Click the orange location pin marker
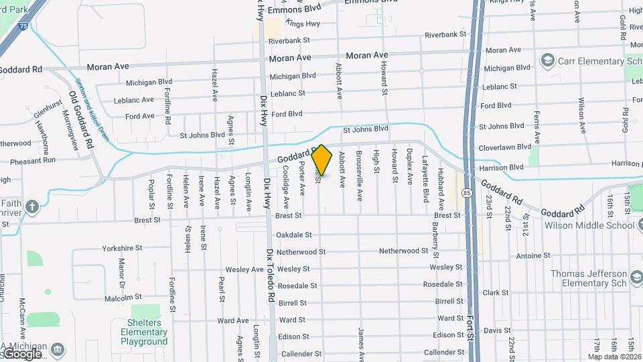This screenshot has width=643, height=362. point(322,160)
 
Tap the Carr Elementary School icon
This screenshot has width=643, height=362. point(548,61)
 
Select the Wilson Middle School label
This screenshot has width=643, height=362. point(592,225)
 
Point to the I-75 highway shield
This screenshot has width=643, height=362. point(23,25)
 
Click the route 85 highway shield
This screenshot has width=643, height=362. point(466,192)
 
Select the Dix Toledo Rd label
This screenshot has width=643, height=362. point(271,275)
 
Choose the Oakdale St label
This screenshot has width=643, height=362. point(294,235)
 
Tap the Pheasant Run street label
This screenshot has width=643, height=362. point(33,160)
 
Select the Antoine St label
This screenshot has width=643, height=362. point(533,255)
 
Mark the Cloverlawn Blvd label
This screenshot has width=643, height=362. point(504,147)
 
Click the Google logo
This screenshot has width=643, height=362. point(22,353)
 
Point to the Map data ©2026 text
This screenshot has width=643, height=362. point(614,357)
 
